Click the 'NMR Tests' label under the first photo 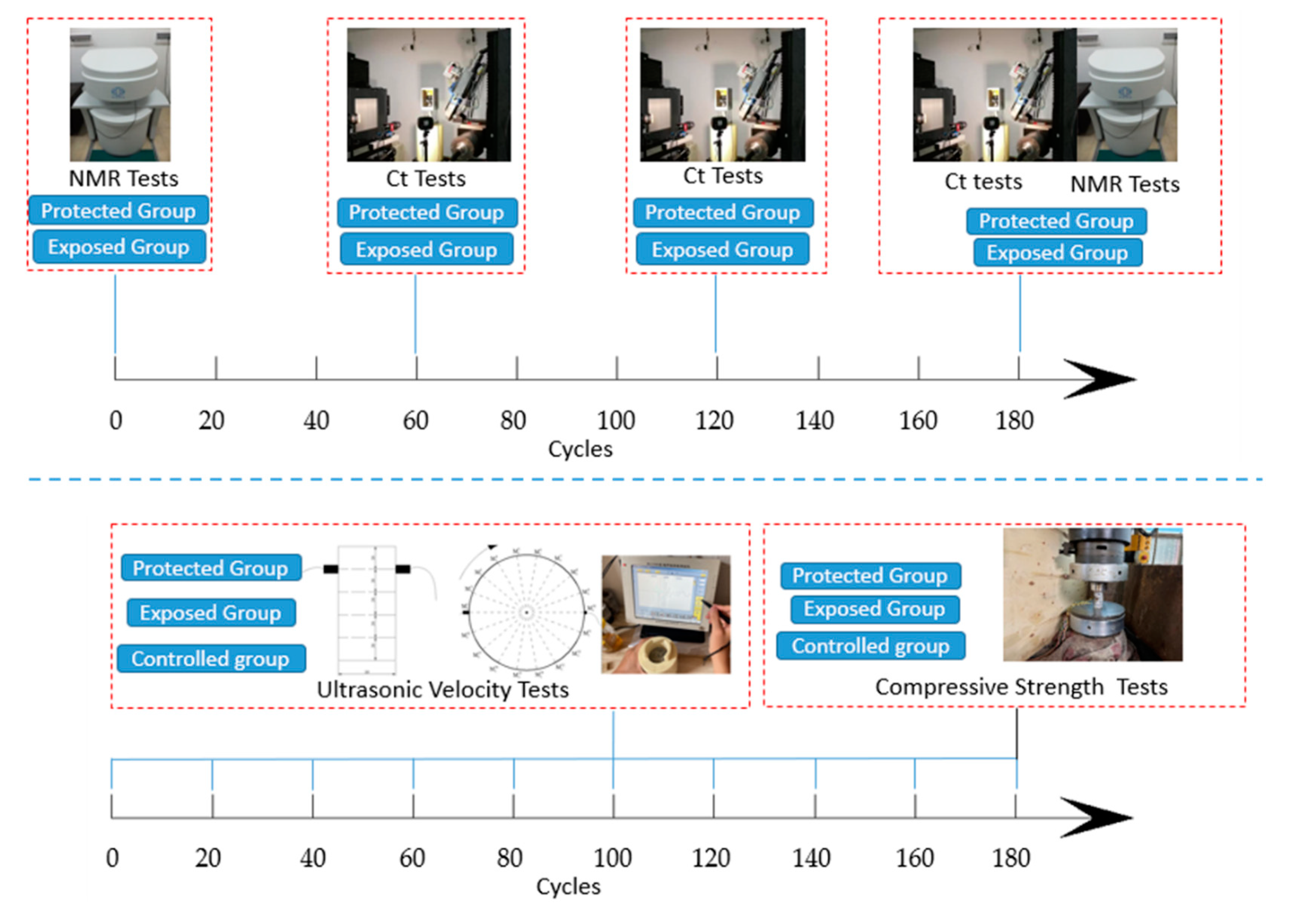(123, 179)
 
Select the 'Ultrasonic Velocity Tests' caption (442, 690)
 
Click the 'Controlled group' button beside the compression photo (870, 646)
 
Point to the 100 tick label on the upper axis (616, 420)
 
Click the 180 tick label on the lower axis (1011, 858)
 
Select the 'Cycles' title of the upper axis (580, 449)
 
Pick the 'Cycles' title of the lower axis (568, 886)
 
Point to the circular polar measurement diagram (527, 612)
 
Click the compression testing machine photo (1092, 595)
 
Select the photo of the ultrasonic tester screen (666, 614)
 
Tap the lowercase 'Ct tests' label (983, 182)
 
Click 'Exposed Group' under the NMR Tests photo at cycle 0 (119, 247)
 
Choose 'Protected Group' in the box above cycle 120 (723, 212)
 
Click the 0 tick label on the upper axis (116, 420)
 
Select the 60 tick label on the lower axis (412, 858)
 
